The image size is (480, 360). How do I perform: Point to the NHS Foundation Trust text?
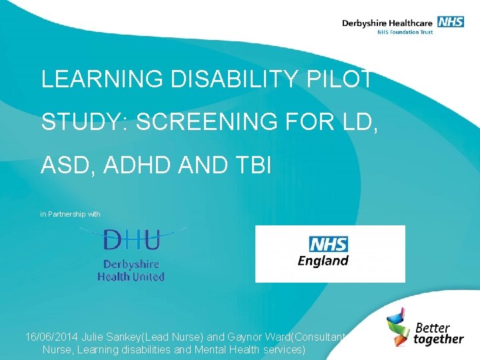405,31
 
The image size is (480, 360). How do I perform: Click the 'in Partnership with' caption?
70,214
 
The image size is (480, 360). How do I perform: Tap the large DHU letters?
131,239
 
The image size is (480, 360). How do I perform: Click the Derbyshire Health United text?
131,269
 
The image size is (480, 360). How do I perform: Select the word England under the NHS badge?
323,261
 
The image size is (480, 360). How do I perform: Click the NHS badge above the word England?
328,244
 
